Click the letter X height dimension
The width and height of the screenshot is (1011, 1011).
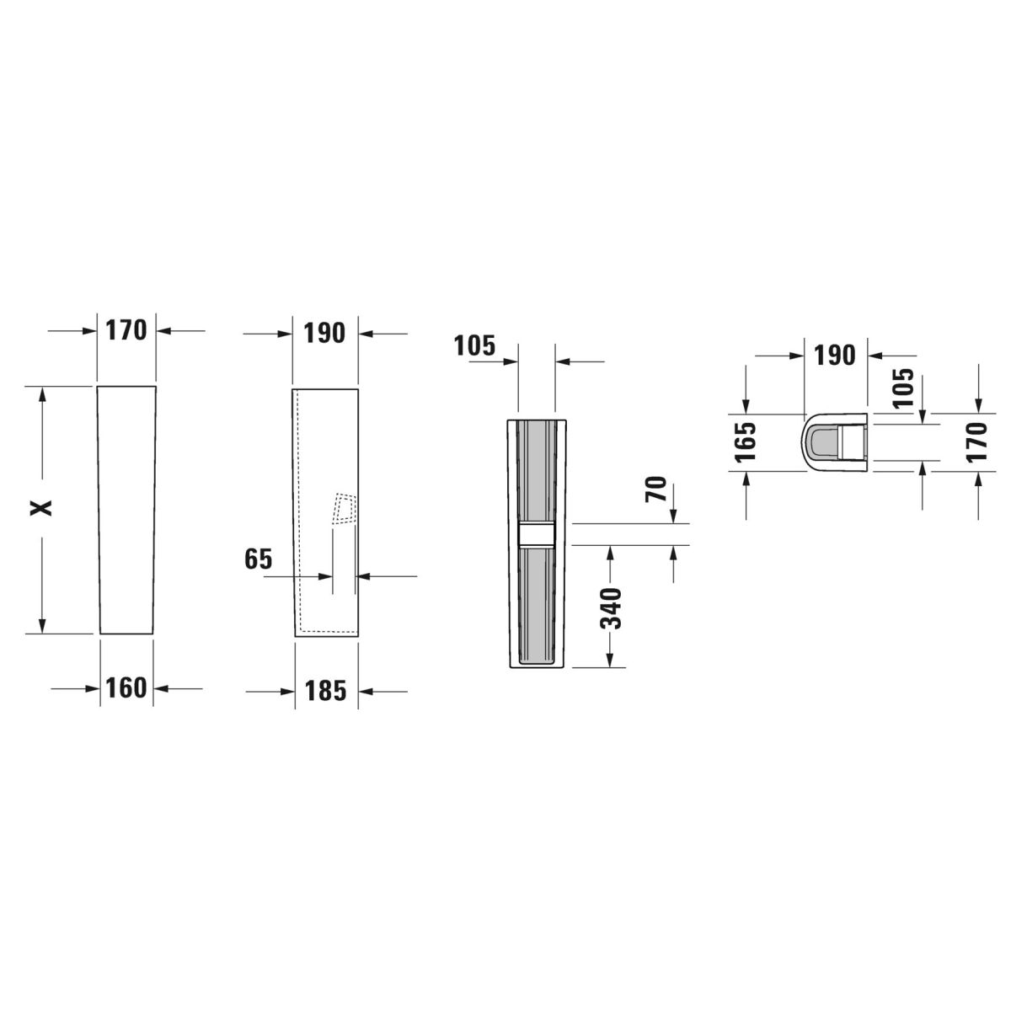[41, 507]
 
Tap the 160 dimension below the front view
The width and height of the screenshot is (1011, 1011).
[126, 687]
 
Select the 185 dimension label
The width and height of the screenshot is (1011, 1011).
[325, 691]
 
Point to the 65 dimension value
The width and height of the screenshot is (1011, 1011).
[258, 559]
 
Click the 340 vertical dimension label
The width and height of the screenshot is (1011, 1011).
[610, 608]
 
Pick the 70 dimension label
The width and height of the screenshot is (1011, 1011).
[655, 489]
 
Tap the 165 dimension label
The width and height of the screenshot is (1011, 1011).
[745, 441]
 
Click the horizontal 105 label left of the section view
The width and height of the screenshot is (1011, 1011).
[474, 345]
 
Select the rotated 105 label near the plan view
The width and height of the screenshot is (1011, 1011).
[903, 388]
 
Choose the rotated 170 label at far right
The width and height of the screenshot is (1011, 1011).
[977, 441]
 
